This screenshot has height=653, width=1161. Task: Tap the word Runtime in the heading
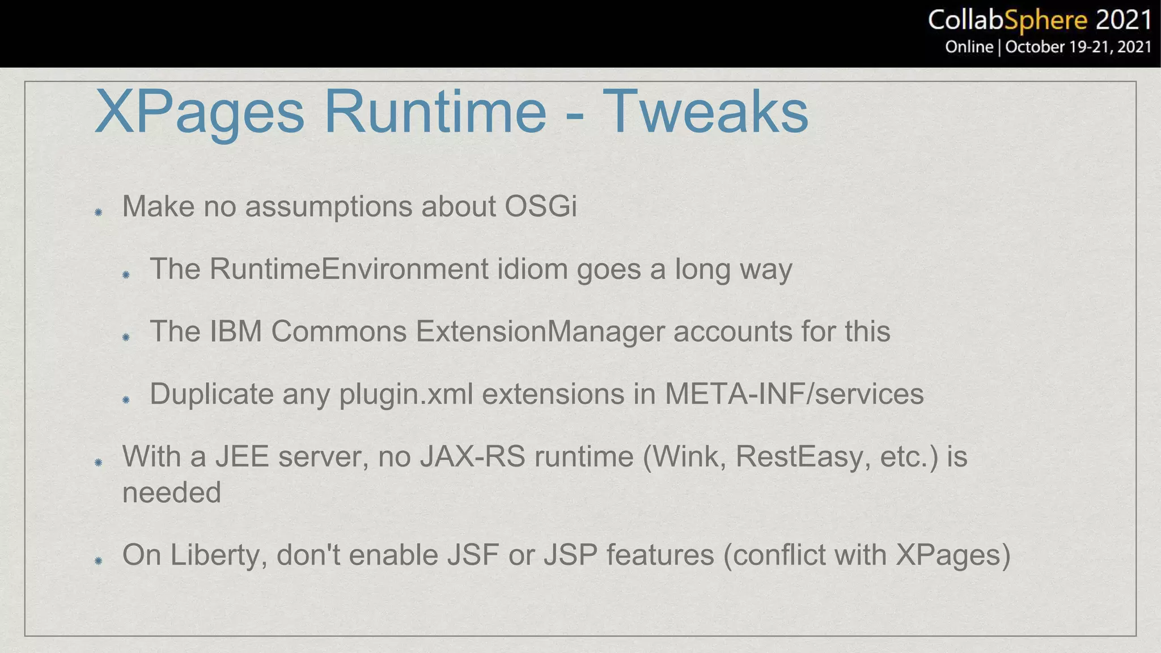click(435, 112)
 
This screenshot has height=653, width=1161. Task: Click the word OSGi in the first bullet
click(540, 206)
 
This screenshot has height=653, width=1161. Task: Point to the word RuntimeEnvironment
click(349, 269)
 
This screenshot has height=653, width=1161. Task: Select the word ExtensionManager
click(540, 332)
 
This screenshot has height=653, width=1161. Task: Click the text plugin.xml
click(406, 395)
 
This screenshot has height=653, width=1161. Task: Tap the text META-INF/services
click(794, 394)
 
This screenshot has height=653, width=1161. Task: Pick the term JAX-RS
click(473, 457)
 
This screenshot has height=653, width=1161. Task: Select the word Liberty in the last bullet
click(218, 555)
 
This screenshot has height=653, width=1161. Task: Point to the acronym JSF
click(473, 555)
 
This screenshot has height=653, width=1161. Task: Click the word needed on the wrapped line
click(171, 492)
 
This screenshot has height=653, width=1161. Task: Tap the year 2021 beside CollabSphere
click(1123, 20)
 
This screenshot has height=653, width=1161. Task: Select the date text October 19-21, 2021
click(1078, 46)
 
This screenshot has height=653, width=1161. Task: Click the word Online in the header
click(969, 46)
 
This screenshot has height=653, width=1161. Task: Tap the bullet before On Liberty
click(98, 561)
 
